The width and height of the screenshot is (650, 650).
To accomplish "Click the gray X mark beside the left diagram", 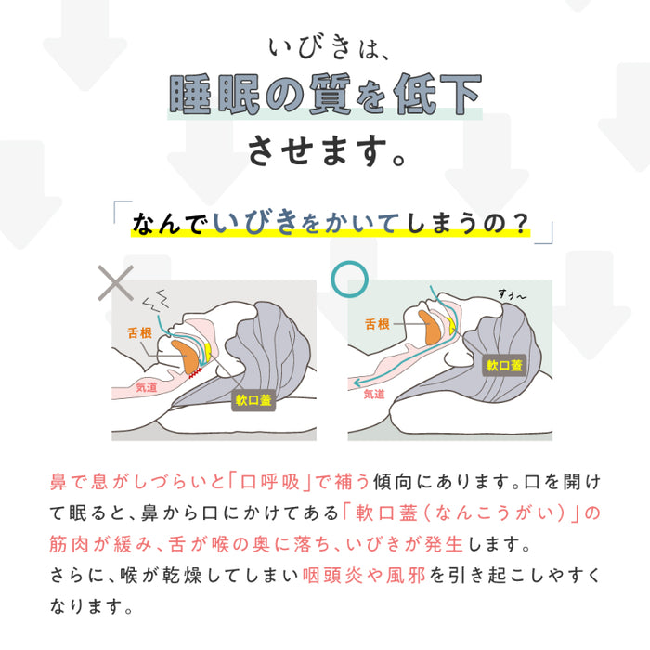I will click(x=116, y=281).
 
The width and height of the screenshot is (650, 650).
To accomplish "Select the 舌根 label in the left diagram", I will click(x=140, y=331).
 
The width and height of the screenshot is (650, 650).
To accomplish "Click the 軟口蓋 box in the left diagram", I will click(x=253, y=402).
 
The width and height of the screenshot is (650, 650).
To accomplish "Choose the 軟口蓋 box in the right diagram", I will click(x=504, y=365).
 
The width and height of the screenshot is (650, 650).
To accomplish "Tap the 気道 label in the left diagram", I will click(x=147, y=387).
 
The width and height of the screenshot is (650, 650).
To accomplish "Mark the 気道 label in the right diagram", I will click(x=373, y=394).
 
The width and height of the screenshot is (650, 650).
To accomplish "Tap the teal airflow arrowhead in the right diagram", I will click(x=355, y=381).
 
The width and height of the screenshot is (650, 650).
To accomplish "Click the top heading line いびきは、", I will click(x=324, y=46).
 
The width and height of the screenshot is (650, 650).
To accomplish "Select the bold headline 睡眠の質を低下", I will click(x=325, y=96).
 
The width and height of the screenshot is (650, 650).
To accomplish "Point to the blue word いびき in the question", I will click(x=256, y=223).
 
